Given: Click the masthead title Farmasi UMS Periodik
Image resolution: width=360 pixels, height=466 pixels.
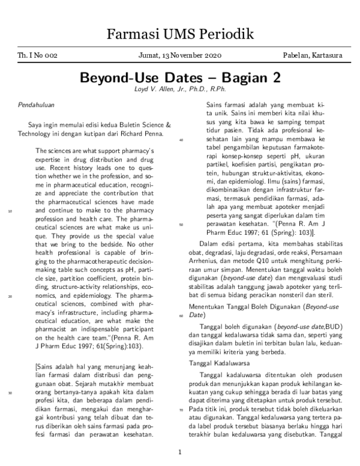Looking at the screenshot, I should tap(180, 34).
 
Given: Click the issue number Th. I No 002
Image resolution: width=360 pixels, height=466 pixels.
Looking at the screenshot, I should tap(38, 56).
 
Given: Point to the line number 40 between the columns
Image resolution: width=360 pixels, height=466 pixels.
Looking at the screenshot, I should tap(181, 139).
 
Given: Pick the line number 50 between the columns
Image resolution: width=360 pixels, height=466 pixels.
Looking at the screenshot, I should tap(181, 224).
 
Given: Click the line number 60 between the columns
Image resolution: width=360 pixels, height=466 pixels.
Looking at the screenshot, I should tap(181, 315).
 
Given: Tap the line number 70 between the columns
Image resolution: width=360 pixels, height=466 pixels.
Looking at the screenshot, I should tap(181, 410).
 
